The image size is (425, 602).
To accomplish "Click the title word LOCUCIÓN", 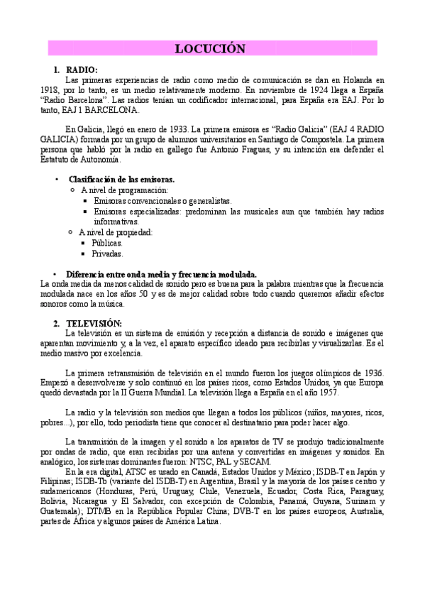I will coord(210,48).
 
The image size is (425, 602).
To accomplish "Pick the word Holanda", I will coord(356,81).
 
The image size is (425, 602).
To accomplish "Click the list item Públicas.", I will coord(107,242).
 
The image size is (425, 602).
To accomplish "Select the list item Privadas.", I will coord(107,253).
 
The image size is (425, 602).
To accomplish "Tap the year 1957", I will coord(329,393).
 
